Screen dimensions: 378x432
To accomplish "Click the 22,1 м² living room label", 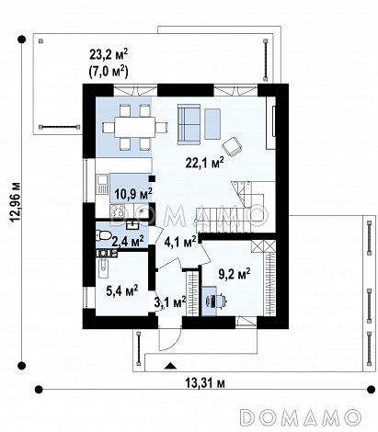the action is pyautogui.click(x=204, y=163).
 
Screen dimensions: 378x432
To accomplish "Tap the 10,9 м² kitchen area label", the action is pyautogui.click(x=133, y=194).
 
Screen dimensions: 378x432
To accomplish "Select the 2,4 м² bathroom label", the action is pyautogui.click(x=127, y=242).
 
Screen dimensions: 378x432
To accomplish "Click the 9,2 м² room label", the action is pyautogui.click(x=235, y=274).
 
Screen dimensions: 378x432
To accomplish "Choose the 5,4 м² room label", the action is pyautogui.click(x=121, y=290).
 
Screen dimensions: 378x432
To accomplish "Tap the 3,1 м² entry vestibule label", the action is pyautogui.click(x=170, y=302).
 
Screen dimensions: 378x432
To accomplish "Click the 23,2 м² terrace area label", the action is pyautogui.click(x=109, y=54).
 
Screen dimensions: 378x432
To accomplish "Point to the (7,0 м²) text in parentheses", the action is pyautogui.click(x=109, y=72).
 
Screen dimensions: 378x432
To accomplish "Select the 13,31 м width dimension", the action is pyautogui.click(x=205, y=383).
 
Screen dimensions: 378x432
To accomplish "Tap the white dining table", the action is pyautogui.click(x=135, y=127).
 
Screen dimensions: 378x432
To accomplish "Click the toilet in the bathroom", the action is pyautogui.click(x=103, y=235).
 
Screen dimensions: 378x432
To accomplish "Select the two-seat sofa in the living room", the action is pyautogui.click(x=189, y=123).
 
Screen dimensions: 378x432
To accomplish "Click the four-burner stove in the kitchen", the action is pyautogui.click(x=118, y=211).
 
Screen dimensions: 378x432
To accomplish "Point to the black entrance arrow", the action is pyautogui.click(x=170, y=365).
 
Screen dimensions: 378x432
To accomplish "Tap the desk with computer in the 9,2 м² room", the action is pyautogui.click(x=209, y=301).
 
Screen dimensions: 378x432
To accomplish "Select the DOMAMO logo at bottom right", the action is pyautogui.click(x=300, y=417).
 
